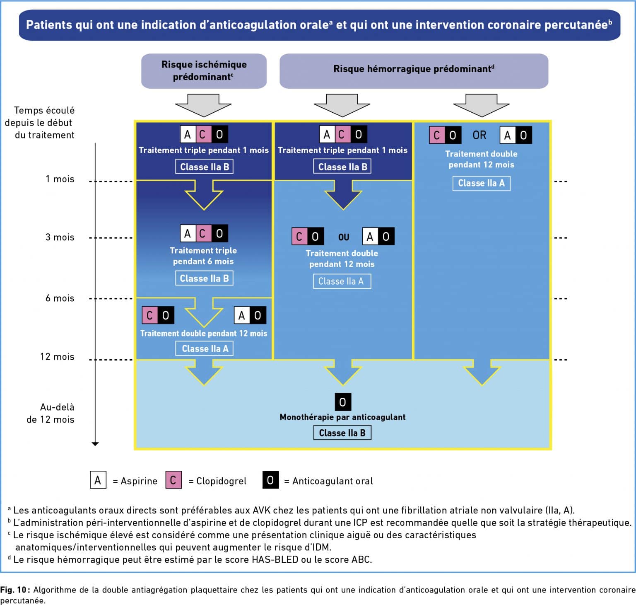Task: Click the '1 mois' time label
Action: point(60,179)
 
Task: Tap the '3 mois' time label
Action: point(60,237)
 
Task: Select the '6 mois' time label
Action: point(60,298)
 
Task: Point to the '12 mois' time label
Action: point(57,356)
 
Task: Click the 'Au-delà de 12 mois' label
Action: point(51,413)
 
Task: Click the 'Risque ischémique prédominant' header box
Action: point(204,71)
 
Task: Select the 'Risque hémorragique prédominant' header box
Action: point(414,71)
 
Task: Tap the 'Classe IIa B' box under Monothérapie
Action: point(342,433)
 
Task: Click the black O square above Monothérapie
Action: point(342,402)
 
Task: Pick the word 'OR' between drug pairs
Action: point(479,135)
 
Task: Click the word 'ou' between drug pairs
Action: point(344,237)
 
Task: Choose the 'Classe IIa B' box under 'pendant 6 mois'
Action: point(204,278)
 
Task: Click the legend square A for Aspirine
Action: point(98,480)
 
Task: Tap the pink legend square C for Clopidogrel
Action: point(173,480)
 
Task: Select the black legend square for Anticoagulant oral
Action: point(270,480)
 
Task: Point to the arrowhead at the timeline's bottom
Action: point(95,444)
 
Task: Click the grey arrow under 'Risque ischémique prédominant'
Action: point(203,105)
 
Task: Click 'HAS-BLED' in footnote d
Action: point(275,559)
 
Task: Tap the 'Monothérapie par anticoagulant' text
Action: point(342,417)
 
